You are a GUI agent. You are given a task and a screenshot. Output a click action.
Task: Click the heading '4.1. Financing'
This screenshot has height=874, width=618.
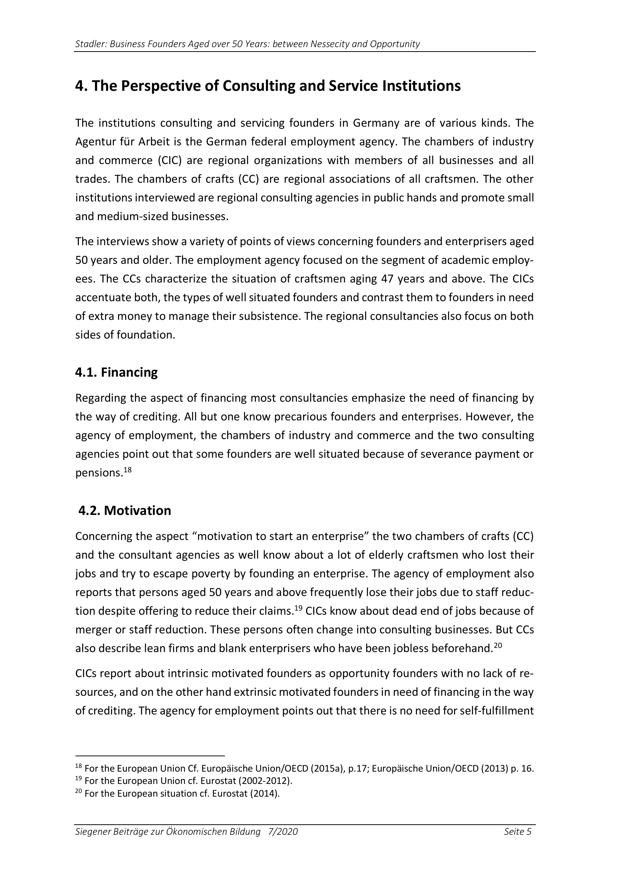click(116, 372)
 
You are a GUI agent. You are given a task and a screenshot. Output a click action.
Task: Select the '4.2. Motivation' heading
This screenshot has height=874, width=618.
click(124, 510)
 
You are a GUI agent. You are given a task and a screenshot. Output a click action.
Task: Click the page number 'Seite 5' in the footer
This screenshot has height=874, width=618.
click(517, 832)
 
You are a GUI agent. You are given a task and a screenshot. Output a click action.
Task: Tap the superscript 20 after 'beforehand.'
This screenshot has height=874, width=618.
click(498, 645)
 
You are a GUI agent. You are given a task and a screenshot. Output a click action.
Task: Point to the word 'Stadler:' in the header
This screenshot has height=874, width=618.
click(91, 44)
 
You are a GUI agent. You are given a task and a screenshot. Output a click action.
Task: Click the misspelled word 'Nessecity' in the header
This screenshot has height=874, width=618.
click(330, 44)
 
